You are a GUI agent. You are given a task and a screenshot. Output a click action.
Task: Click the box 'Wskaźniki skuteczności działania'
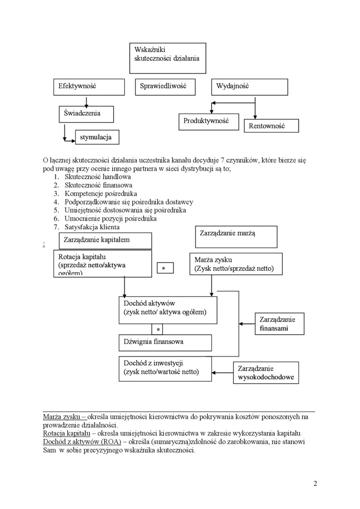point(168,58)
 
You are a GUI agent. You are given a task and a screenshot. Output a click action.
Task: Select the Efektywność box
point(89,87)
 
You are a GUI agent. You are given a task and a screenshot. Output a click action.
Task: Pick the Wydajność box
point(249,87)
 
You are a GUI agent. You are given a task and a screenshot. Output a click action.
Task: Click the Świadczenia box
point(86,114)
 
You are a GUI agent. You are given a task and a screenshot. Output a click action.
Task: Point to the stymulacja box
point(97,137)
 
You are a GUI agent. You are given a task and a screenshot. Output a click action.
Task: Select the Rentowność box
point(271,126)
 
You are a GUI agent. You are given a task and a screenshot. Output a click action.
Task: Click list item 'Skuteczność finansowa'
point(99,185)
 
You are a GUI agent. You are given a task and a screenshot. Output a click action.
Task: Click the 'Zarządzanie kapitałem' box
point(106,240)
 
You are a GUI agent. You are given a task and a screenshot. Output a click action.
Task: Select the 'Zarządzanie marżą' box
point(236,237)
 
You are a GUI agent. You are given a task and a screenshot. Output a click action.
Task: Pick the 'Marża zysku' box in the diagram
point(236,264)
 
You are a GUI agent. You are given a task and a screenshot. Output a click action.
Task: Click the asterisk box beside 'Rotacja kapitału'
point(165,268)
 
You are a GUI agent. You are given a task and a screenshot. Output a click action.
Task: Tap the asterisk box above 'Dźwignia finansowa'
point(158,329)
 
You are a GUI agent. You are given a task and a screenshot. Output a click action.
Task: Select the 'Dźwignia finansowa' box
point(165,342)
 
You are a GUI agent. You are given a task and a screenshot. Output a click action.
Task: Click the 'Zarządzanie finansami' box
point(279,324)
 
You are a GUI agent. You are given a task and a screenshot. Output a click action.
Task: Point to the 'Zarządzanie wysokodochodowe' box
point(266,373)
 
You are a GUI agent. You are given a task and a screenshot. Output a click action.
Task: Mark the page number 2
point(315,483)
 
